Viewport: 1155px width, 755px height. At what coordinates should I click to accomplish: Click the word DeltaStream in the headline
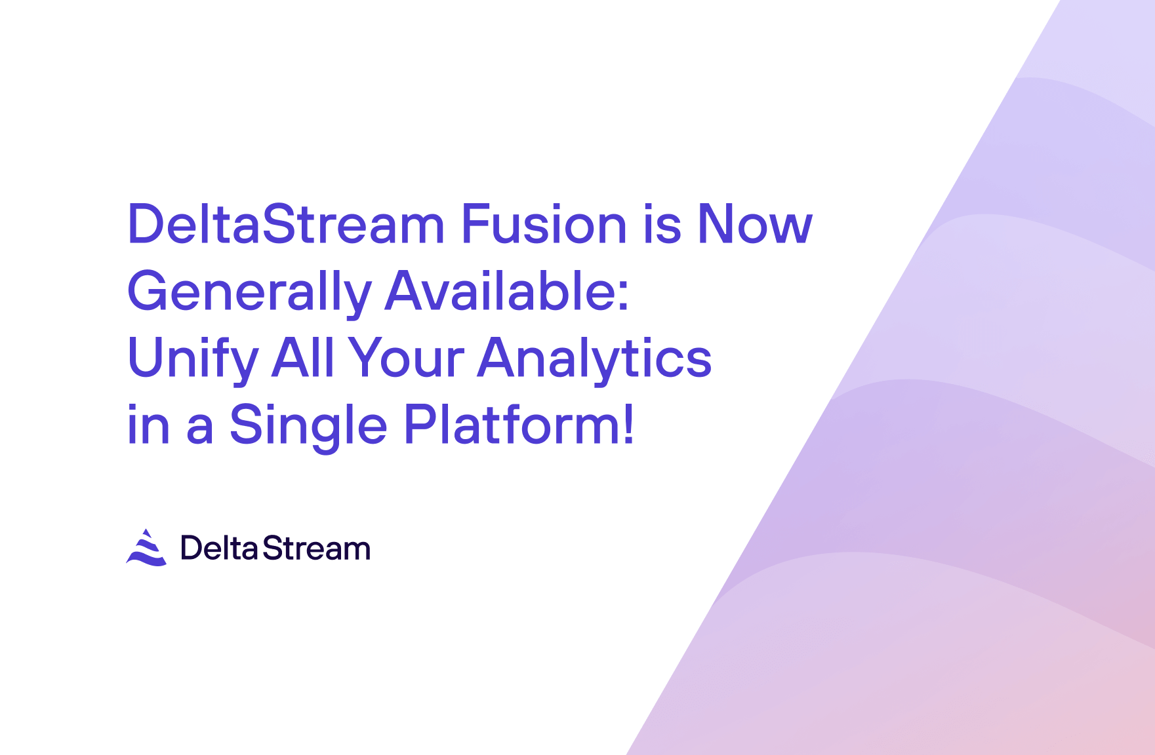click(x=286, y=224)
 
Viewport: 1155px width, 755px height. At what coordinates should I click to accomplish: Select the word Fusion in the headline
click(x=544, y=224)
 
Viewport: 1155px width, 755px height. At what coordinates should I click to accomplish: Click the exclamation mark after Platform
click(x=628, y=425)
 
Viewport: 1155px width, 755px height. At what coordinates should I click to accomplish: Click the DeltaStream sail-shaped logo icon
click(x=146, y=547)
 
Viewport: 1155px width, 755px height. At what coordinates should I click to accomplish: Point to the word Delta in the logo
click(x=218, y=548)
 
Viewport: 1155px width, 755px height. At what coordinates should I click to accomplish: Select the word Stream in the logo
click(x=316, y=548)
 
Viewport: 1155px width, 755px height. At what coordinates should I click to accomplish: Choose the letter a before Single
click(x=200, y=430)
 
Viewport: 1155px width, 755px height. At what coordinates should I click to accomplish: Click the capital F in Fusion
click(x=477, y=224)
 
